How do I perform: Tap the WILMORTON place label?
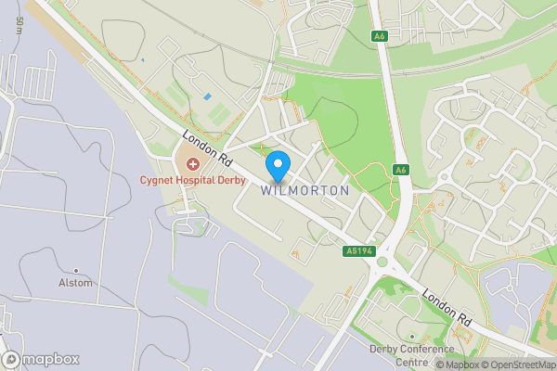(305, 190)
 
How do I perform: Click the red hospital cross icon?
(178, 164)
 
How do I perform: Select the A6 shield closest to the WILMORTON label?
(400, 170)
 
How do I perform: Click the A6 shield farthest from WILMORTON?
(378, 36)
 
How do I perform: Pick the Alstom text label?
(75, 283)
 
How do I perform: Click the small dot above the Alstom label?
(76, 270)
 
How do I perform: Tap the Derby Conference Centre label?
(412, 355)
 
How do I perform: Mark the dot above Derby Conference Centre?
(411, 336)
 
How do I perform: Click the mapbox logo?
(42, 359)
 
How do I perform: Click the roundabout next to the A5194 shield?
(382, 262)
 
